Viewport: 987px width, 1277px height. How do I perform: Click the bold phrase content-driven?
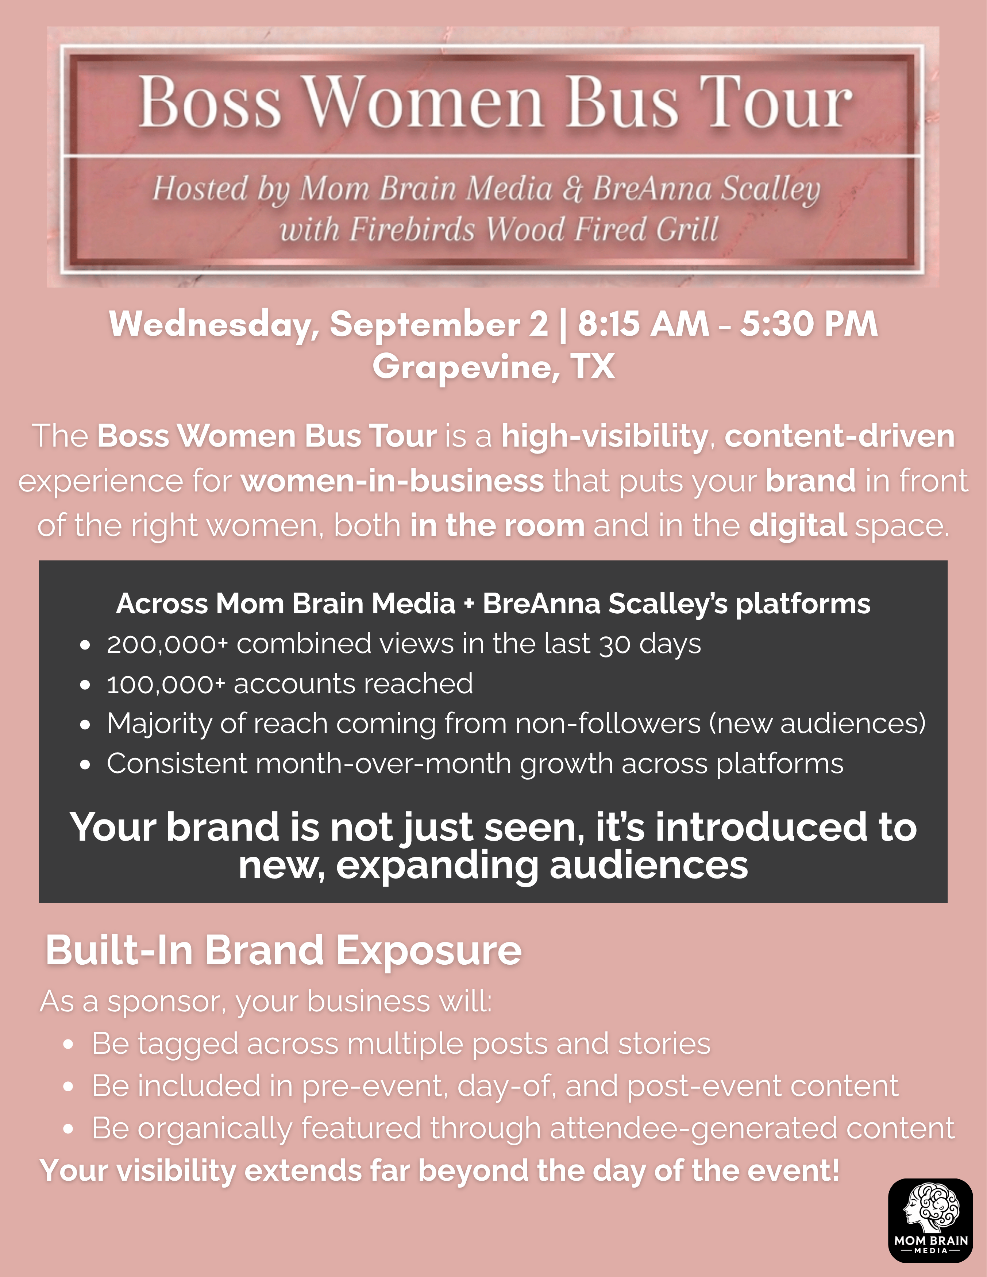[840, 436]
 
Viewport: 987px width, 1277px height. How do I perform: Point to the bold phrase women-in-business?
[392, 481]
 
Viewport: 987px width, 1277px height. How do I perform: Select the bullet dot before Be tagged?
[69, 1045]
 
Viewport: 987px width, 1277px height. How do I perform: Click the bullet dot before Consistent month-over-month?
[85, 765]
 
